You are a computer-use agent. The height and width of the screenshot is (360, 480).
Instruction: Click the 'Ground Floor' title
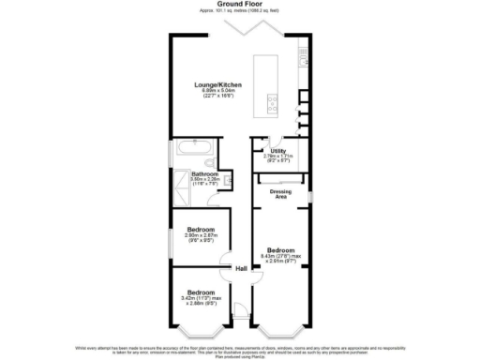pos(239,4)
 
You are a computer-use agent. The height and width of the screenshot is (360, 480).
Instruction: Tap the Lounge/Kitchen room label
pos(218,85)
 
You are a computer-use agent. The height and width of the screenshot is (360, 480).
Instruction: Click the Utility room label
pos(277,150)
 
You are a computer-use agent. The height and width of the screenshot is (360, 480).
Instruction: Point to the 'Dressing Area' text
pos(281,195)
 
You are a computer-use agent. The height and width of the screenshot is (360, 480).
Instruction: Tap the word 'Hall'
pos(241,269)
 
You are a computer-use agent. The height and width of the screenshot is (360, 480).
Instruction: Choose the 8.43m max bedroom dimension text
pos(281,257)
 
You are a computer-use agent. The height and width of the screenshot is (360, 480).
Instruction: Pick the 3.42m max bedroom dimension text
pos(199,299)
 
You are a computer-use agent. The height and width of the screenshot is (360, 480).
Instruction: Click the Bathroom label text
pos(205,173)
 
